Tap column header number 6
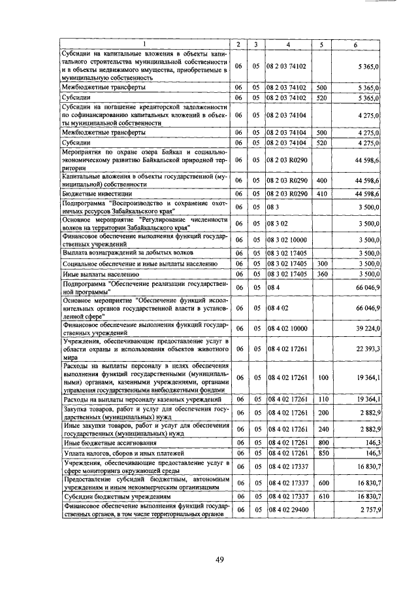[x=355, y=44]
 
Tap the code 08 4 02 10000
[x=288, y=328]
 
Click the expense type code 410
[x=321, y=194]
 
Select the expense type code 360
[x=321, y=274]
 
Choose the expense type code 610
[x=321, y=496]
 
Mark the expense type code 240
[x=321, y=430]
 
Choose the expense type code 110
[x=321, y=398]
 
